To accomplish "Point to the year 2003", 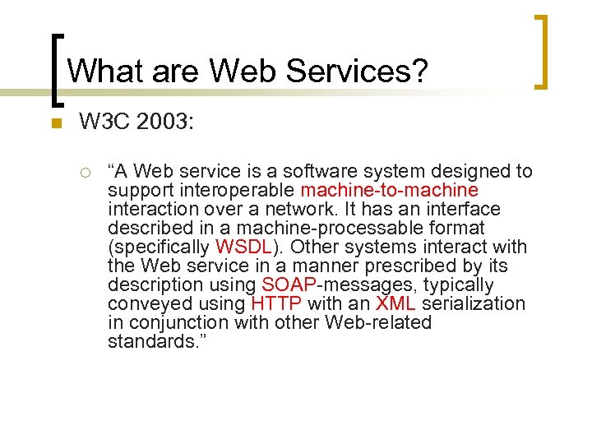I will tap(168, 123).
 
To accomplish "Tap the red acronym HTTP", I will tap(275, 303).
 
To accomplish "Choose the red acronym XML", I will tap(395, 303).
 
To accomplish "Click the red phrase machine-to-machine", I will tap(389, 190).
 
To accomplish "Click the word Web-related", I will tap(378, 322).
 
